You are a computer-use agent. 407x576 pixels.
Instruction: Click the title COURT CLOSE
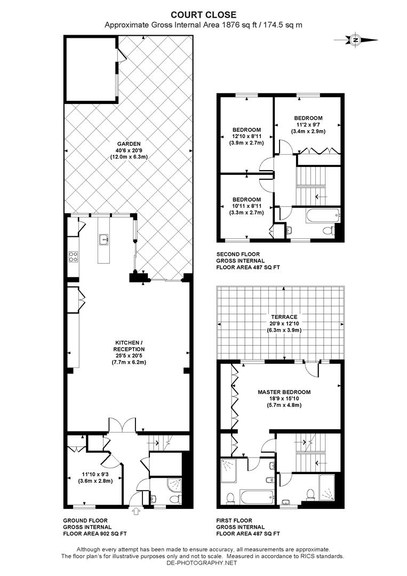pyautogui.click(x=204, y=15)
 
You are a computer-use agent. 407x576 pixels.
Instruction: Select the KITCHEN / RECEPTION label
pyautogui.click(x=129, y=346)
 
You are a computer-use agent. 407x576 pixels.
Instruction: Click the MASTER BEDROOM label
pyautogui.click(x=284, y=392)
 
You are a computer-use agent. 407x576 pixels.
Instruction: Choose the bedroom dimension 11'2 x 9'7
pyautogui.click(x=308, y=124)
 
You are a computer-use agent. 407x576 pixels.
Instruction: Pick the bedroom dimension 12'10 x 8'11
pyautogui.click(x=246, y=137)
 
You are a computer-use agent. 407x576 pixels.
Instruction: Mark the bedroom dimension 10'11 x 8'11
pyautogui.click(x=246, y=206)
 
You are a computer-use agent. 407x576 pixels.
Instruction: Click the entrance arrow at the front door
pyautogui.click(x=138, y=511)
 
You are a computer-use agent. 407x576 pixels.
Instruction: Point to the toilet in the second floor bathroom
pyautogui.click(x=328, y=231)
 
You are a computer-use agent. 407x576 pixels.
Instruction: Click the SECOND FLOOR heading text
pyautogui.click(x=238, y=254)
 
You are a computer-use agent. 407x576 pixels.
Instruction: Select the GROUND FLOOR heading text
pyautogui.click(x=85, y=521)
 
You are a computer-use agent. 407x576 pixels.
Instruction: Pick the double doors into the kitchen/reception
pyautogui.click(x=122, y=426)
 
